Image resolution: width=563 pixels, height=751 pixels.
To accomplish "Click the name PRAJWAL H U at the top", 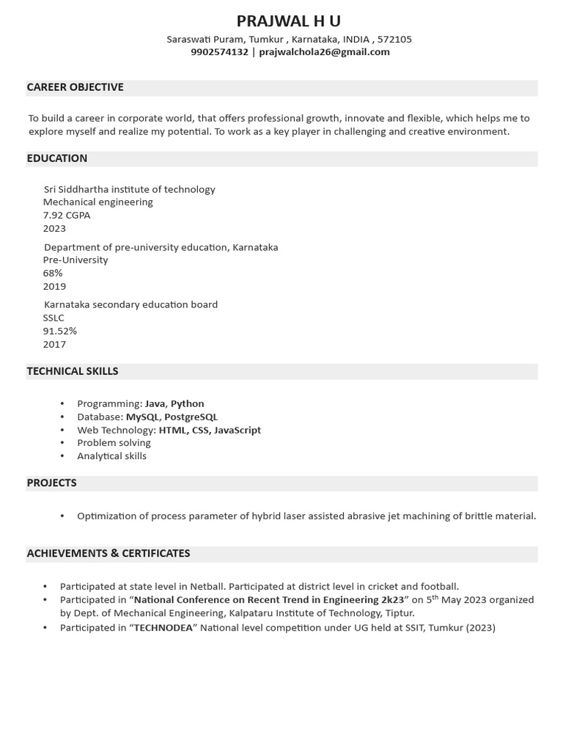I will tap(288, 21).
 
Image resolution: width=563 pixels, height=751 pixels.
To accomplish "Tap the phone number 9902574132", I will tap(219, 52).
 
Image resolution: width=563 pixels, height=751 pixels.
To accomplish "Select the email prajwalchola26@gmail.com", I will tap(324, 52).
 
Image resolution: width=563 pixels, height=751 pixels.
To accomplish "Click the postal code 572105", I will tap(394, 39).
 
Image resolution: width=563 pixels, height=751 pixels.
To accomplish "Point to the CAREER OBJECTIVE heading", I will tap(75, 87).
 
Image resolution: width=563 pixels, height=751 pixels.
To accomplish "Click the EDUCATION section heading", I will tap(57, 158).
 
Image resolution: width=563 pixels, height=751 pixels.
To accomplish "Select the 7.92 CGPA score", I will tap(67, 215).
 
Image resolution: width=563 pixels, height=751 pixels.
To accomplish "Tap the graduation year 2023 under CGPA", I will tap(54, 228).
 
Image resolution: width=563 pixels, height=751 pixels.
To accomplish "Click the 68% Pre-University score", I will tap(53, 273).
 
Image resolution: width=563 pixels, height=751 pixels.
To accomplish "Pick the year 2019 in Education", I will tap(54, 286).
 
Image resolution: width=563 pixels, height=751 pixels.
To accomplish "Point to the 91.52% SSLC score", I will tap(60, 331).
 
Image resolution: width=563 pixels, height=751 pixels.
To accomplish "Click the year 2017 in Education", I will tap(54, 344).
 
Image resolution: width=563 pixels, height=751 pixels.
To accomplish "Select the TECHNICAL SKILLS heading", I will tap(73, 371).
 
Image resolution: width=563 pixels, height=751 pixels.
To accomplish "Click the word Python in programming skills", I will tap(187, 403).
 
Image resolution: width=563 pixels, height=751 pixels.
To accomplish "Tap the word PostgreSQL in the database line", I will tap(191, 417).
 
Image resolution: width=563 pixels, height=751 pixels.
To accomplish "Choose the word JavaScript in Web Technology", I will tap(238, 430).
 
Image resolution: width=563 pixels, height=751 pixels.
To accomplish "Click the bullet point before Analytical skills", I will tap(62, 456).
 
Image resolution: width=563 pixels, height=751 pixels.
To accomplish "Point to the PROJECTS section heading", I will tap(51, 483).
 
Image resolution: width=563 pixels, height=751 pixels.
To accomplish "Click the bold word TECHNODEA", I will tap(163, 628).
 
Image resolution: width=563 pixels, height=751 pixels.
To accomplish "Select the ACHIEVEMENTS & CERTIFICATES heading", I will tap(108, 554).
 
